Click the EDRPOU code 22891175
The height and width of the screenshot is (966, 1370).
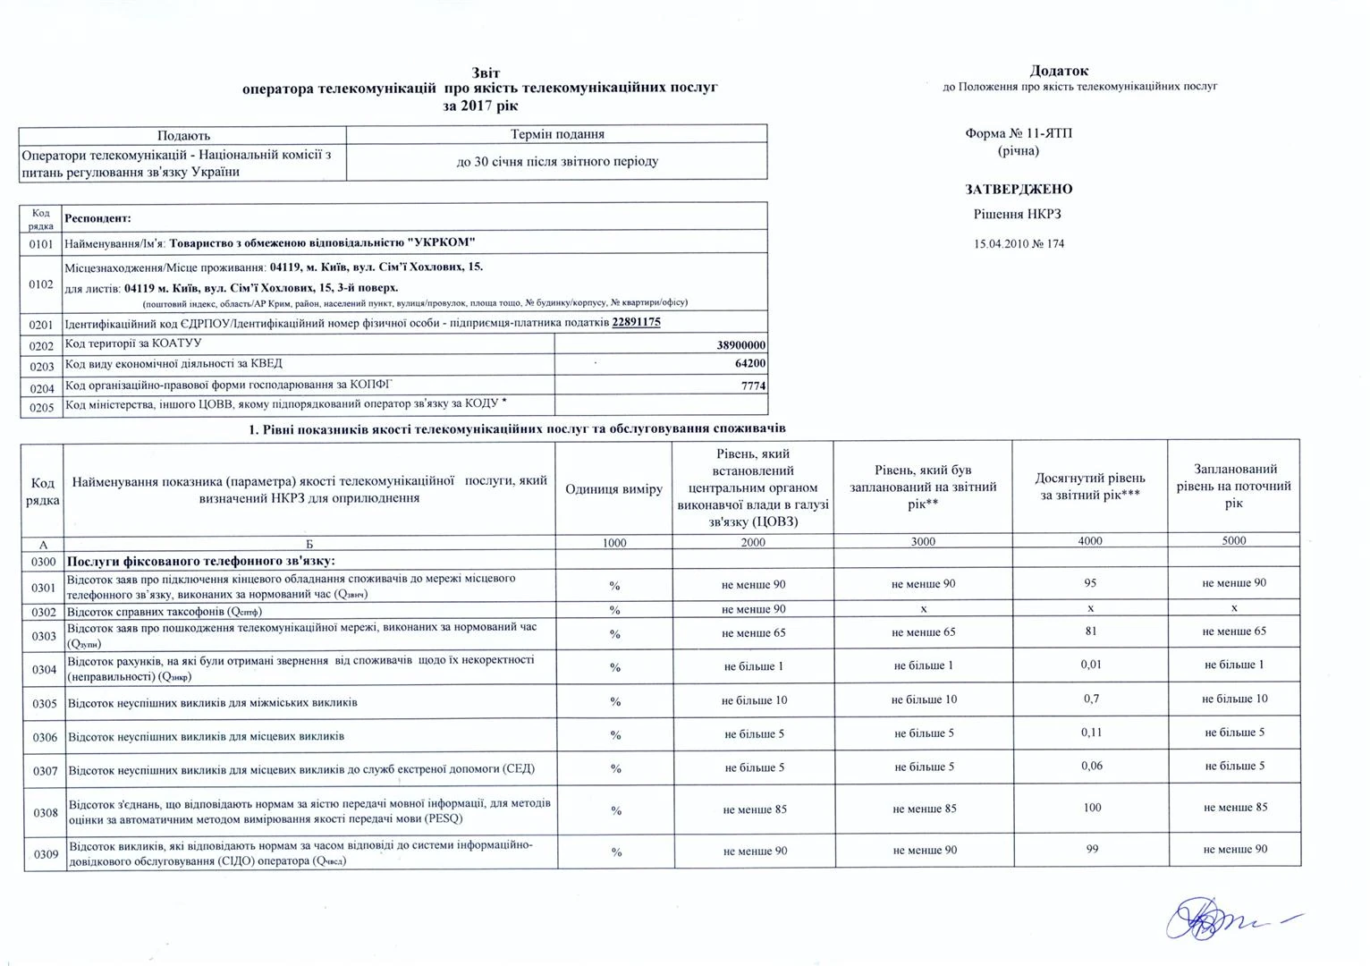pos(636,323)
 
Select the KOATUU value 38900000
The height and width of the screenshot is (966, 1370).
pos(741,345)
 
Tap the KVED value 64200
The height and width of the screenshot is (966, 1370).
pos(748,364)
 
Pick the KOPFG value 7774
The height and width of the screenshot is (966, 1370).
pos(753,386)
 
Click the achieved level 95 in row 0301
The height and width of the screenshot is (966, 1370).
pos(1090,583)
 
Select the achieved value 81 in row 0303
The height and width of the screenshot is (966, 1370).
pos(1090,631)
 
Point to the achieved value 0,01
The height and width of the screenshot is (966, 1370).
pos(1090,665)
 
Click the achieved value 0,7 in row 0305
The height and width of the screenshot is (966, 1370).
pos(1090,699)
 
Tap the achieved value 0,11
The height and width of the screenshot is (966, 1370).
pos(1090,733)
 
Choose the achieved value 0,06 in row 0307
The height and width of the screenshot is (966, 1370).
pos(1090,766)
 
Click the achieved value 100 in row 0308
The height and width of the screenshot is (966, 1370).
pos(1091,808)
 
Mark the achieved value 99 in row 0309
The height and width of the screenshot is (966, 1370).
pos(1091,849)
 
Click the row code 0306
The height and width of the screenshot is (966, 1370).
pos(45,738)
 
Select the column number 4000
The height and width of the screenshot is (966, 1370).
pos(1090,541)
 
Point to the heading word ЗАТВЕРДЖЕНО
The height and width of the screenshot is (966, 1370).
pos(1019,190)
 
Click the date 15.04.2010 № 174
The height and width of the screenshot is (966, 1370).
pos(1019,243)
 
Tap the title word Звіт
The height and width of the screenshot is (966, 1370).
pos(486,72)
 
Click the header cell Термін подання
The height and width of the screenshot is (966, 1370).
pos(557,134)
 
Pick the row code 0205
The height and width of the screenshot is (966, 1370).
pos(41,408)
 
